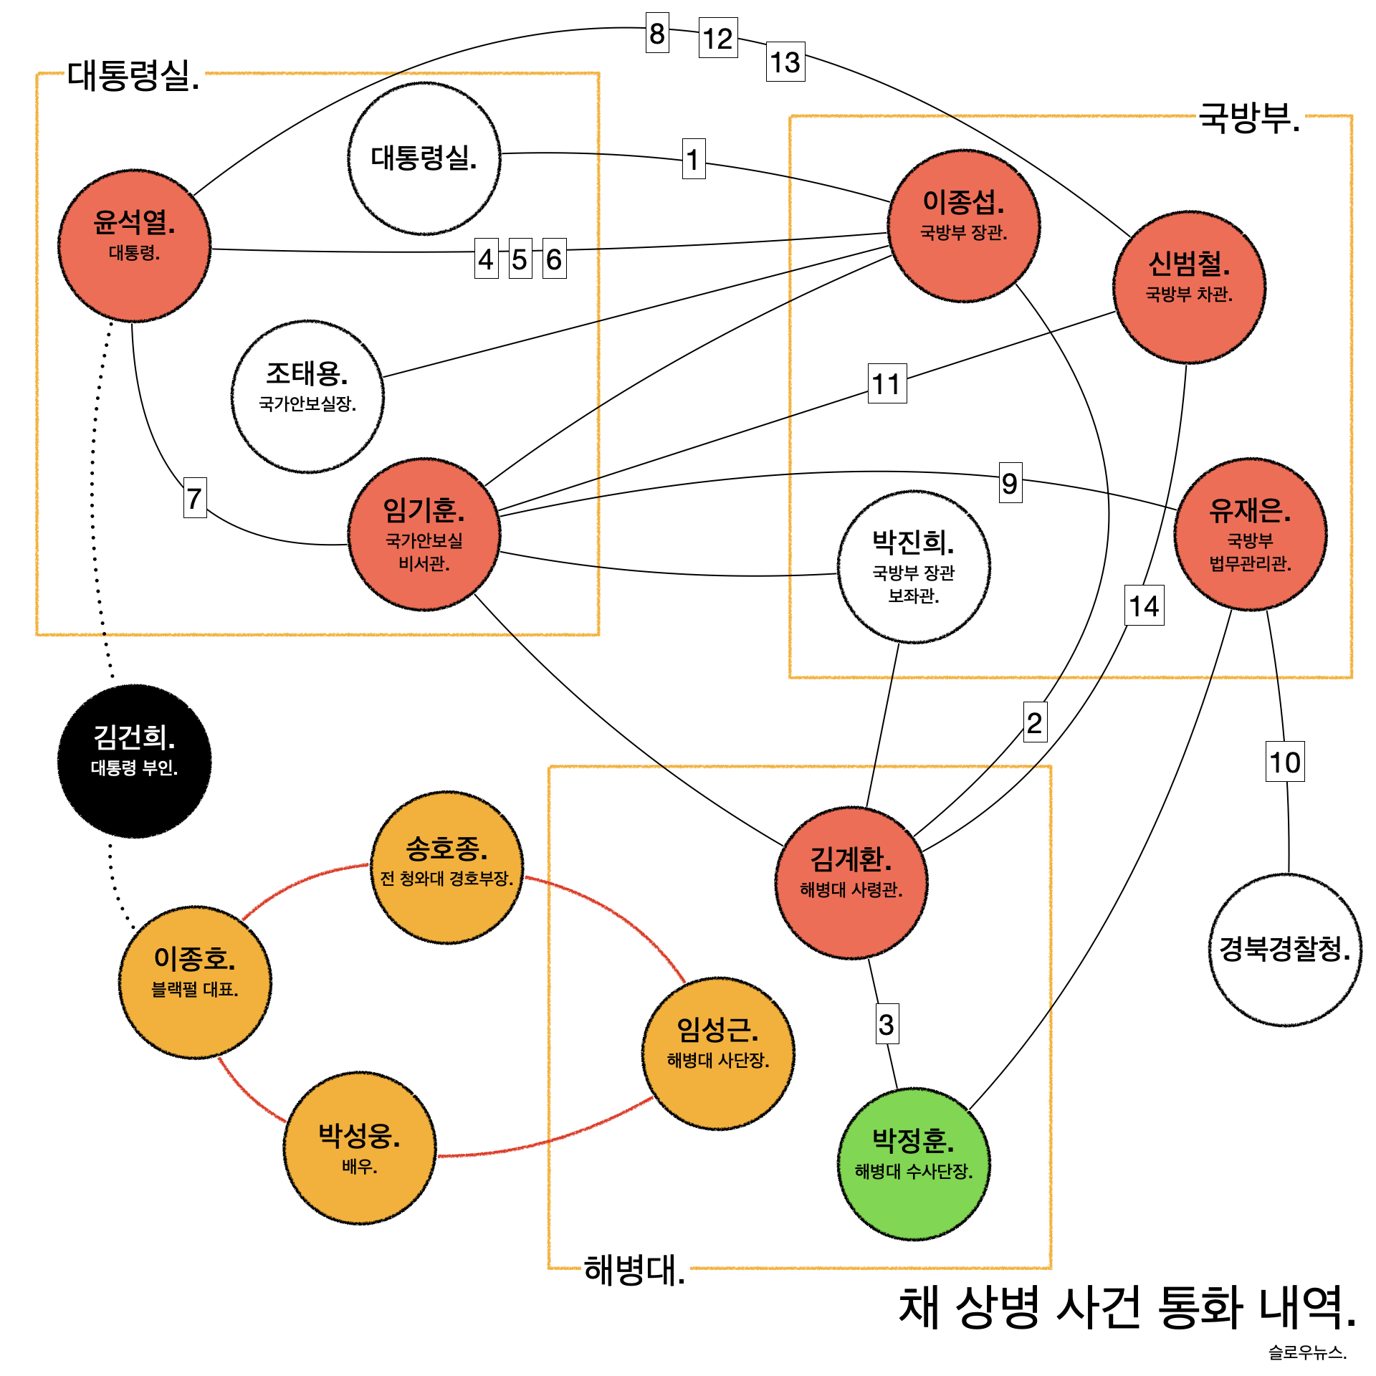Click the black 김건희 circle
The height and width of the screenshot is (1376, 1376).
click(x=134, y=760)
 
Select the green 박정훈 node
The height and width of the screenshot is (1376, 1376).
click(x=914, y=1163)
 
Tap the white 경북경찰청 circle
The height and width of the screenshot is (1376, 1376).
click(x=1285, y=950)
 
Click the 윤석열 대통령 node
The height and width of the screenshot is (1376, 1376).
click(x=134, y=245)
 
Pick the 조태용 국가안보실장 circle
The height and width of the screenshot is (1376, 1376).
click(x=307, y=396)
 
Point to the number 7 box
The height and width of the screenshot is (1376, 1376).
click(x=195, y=497)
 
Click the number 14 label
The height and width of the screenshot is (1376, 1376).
click(x=1145, y=606)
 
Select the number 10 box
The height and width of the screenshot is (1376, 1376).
click(x=1285, y=761)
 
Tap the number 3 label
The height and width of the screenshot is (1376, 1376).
click(x=887, y=1024)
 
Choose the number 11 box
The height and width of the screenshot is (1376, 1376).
click(x=887, y=383)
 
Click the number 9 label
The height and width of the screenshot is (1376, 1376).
click(x=1010, y=483)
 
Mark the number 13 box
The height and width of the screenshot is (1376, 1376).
click(x=785, y=62)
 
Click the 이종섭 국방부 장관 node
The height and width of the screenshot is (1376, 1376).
click(x=964, y=226)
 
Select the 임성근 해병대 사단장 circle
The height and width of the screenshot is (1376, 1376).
click(x=718, y=1053)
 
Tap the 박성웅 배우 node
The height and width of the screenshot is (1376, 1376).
click(x=360, y=1147)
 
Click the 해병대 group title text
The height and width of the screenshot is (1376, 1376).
click(x=634, y=1270)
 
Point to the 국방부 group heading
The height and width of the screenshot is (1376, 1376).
click(x=1249, y=118)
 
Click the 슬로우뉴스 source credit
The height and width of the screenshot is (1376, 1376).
click(x=1307, y=1352)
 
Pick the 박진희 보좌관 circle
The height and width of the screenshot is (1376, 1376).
click(x=914, y=566)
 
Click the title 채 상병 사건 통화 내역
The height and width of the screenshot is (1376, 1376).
click(x=1127, y=1306)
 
